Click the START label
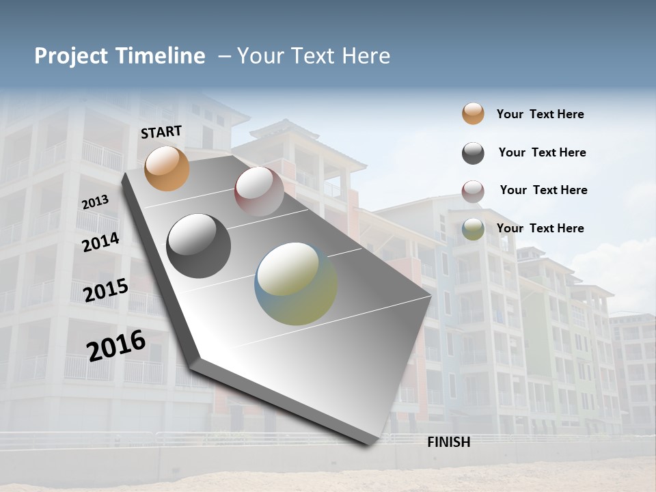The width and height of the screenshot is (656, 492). click(161, 132)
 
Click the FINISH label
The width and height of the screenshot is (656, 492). click(448, 442)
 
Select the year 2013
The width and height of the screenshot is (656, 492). click(95, 202)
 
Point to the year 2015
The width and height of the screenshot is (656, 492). click(105, 290)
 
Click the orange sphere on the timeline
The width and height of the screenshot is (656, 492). click(167, 168)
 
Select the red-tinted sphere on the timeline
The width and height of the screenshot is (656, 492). click(259, 191)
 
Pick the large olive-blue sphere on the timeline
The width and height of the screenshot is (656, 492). click(296, 284)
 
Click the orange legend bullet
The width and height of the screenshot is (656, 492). click(473, 113)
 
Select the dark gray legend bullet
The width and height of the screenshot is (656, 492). click(473, 153)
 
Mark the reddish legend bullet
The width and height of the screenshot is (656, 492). click(473, 191)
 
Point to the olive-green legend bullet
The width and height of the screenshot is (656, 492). click(473, 229)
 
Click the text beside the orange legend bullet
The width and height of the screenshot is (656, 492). click(540, 114)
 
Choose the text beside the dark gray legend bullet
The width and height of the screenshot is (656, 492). click(542, 152)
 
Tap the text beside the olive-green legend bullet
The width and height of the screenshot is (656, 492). click(540, 228)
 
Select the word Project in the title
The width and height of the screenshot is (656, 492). click(72, 56)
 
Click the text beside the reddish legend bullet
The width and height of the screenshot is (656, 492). click(543, 190)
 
